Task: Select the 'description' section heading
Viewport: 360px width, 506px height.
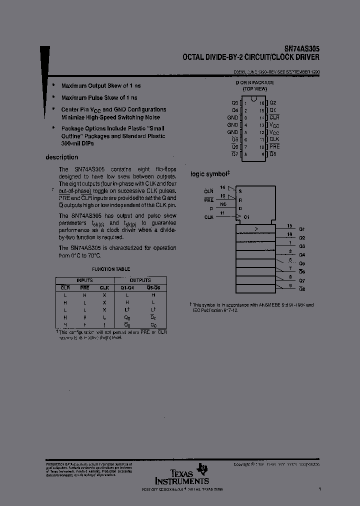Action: [62, 157]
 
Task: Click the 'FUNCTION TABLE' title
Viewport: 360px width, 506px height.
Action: [111, 269]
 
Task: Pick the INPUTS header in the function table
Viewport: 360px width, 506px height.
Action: [84, 280]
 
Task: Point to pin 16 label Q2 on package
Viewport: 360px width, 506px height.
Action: [273, 102]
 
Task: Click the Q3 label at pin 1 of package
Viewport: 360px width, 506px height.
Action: [235, 102]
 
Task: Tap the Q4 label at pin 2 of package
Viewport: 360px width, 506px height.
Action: [235, 110]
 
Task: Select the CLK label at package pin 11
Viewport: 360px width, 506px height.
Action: [274, 139]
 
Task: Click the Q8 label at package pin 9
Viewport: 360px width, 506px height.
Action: [273, 154]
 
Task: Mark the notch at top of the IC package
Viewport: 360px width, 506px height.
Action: [254, 99]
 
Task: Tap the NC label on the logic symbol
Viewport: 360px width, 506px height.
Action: [237, 204]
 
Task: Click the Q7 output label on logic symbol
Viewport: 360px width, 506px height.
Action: [302, 281]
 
